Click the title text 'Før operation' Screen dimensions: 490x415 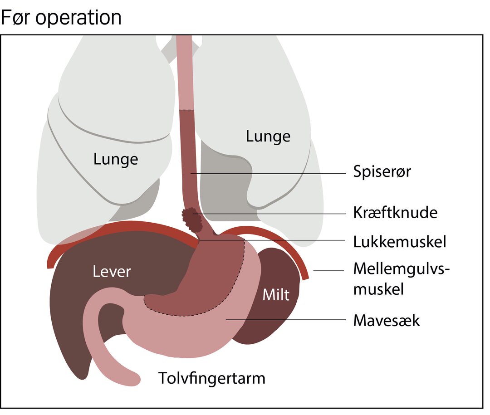point(61,18)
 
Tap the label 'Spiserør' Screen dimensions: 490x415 point(382,171)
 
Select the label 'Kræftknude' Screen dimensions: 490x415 point(395,213)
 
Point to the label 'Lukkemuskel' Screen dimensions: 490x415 point(400,242)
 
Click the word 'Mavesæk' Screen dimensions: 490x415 point(387,320)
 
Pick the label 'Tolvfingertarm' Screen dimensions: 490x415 point(212,378)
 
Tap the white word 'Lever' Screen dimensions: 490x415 point(112,272)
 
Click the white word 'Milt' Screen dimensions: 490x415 point(276,295)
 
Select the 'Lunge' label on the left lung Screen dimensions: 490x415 point(116,159)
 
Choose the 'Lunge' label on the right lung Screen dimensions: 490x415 point(268,136)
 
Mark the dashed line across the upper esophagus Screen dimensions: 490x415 point(186,110)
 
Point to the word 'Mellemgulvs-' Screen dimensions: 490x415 point(401,269)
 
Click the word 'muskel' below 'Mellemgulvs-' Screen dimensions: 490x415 point(378,289)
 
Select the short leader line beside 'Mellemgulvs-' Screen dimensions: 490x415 point(328,270)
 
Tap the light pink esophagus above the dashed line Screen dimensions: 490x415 point(185,73)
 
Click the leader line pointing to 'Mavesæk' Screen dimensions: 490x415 point(286,320)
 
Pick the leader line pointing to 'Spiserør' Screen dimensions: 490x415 point(268,173)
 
